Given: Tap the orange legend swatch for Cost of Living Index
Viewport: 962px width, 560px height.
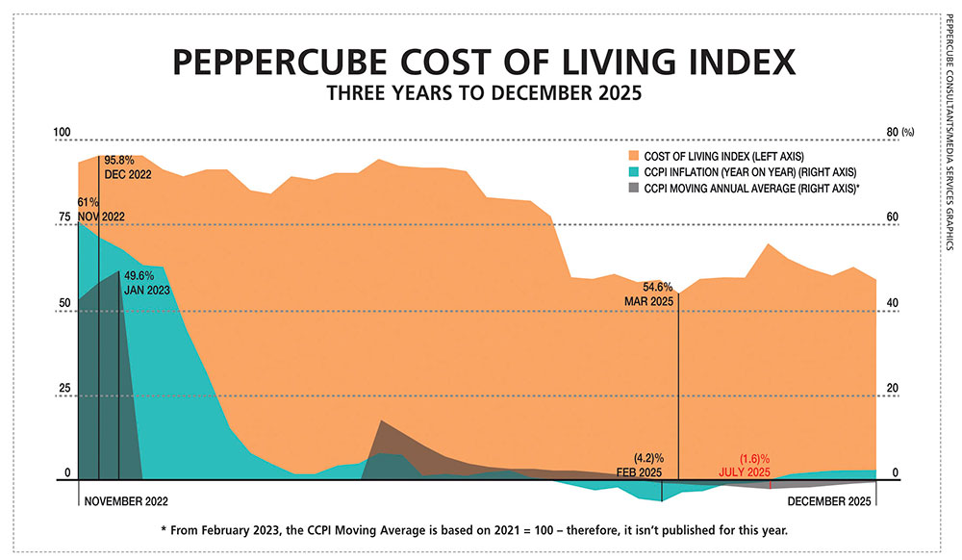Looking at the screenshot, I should click(x=632, y=155).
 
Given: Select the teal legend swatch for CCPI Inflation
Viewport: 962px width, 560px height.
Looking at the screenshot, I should click(x=632, y=171).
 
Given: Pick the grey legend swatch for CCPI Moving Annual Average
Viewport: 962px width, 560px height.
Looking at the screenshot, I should click(x=632, y=188).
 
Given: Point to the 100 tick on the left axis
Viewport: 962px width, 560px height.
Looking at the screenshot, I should click(x=63, y=132).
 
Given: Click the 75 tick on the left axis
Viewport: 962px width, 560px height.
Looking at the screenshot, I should click(x=64, y=217).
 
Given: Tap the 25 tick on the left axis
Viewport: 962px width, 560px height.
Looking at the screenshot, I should click(x=64, y=388).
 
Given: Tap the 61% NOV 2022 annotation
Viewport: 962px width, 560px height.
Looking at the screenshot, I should click(x=88, y=210).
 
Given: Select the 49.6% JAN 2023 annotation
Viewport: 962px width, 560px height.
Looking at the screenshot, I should click(x=146, y=281).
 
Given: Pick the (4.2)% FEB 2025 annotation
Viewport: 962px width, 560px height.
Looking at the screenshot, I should click(x=640, y=464).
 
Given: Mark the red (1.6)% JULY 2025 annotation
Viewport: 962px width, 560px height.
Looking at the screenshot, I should click(x=745, y=464).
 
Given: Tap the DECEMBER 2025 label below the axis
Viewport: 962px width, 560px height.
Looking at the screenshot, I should click(x=830, y=501).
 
